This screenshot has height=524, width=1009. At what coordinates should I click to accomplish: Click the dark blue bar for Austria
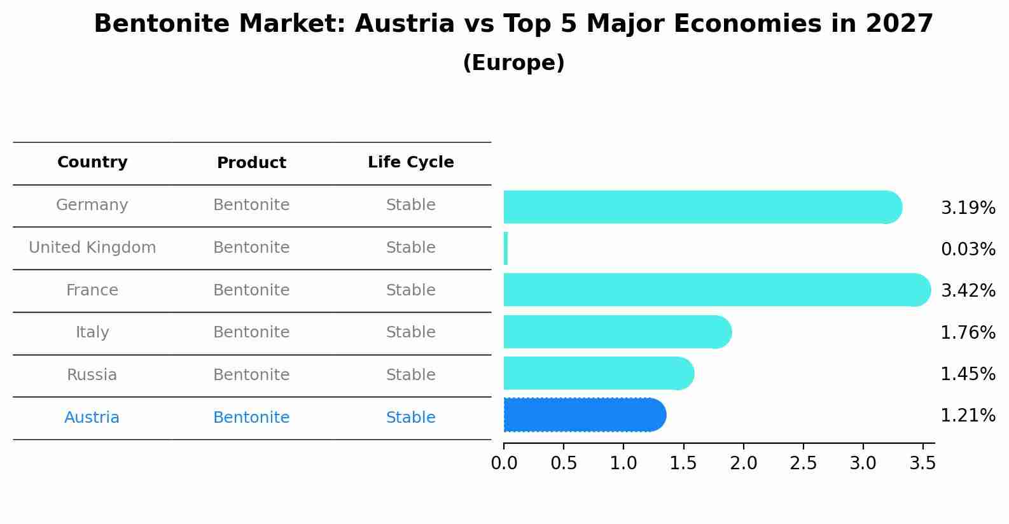pos(584,415)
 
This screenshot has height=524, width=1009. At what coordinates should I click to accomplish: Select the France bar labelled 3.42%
pos(716,290)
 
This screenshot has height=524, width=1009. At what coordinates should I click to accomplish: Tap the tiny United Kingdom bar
pos(506,248)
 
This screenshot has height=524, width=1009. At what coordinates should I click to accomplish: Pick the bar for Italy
pos(617,332)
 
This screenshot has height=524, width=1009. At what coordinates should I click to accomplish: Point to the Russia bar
pos(598,373)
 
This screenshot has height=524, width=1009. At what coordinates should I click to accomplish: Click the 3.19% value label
pos(968,208)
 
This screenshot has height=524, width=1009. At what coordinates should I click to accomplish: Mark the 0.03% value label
pos(968,250)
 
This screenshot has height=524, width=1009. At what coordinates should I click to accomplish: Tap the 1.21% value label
pos(968,416)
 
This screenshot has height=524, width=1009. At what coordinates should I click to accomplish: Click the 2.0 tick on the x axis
pos(743,464)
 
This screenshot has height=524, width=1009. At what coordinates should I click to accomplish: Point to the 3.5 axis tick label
pos(922,464)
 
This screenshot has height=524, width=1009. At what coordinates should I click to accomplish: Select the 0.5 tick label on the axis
pos(564,464)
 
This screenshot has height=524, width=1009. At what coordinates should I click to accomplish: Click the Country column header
pos(92,162)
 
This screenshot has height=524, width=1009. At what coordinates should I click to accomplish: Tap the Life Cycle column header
pos(410,162)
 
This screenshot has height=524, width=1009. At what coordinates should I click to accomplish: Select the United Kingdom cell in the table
pos(92,248)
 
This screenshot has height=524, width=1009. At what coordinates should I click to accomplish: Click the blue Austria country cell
pos(92,418)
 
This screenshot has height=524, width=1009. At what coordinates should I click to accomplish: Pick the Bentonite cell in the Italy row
pos(251,332)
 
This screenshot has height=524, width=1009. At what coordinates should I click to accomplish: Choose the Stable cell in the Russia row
pos(410,375)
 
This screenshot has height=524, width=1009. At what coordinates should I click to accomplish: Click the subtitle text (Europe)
pos(513,63)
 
